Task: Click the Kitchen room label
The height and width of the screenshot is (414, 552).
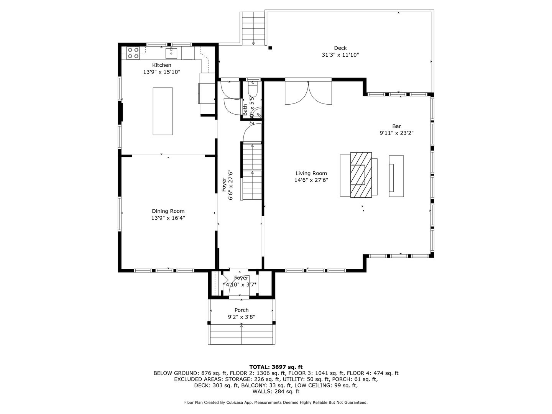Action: pyautogui.click(x=161, y=65)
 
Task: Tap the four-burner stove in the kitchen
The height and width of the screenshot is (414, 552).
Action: pyautogui.click(x=133, y=53)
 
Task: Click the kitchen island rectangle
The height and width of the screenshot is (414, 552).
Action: pyautogui.click(x=163, y=111)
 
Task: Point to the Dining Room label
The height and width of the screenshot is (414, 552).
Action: pyautogui.click(x=168, y=211)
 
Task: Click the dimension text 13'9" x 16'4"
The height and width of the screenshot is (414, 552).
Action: pyautogui.click(x=168, y=218)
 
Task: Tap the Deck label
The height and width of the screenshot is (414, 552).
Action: pyautogui.click(x=340, y=48)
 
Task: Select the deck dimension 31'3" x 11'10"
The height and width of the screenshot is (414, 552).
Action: pyautogui.click(x=340, y=55)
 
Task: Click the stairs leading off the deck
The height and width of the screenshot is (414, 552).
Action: pyautogui.click(x=253, y=29)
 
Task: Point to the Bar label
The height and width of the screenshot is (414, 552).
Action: pyautogui.click(x=396, y=126)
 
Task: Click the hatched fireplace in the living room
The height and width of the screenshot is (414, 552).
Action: pyautogui.click(x=361, y=174)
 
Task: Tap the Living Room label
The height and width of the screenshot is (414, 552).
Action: pyautogui.click(x=311, y=173)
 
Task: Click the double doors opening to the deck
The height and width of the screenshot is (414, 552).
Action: pyautogui.click(x=308, y=93)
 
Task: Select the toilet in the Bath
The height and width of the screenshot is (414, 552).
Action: pyautogui.click(x=253, y=89)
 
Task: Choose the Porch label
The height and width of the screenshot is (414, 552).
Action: pyautogui.click(x=242, y=310)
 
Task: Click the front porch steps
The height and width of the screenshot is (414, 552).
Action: pyautogui.click(x=242, y=335)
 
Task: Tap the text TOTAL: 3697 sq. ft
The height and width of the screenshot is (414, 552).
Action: pyautogui.click(x=276, y=367)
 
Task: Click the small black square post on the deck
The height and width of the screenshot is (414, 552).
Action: pyautogui.click(x=270, y=48)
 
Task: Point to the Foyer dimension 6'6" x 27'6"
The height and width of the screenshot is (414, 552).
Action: pyautogui.click(x=230, y=185)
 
